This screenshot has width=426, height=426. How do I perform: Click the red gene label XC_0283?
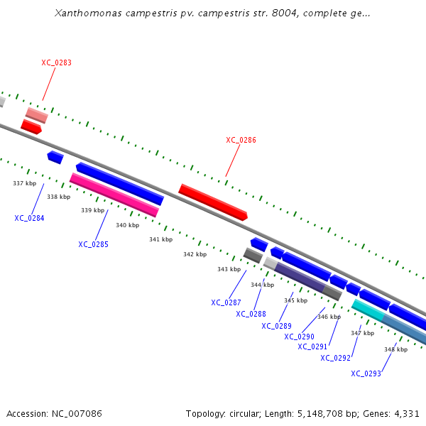[x=56, y=62]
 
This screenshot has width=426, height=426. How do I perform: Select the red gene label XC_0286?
[x=241, y=140]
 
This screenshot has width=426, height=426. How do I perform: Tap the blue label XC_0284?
[x=29, y=218]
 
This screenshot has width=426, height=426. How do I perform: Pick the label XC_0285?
[x=93, y=244]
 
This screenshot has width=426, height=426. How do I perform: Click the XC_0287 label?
[x=226, y=302]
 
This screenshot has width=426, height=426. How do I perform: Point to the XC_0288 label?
[x=251, y=314]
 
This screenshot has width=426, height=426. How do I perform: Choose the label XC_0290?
[x=299, y=337]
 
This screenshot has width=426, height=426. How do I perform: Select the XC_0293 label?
[x=366, y=373]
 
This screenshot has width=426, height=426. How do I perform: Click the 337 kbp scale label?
[x=24, y=183]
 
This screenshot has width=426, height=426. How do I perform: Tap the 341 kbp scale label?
[x=160, y=239]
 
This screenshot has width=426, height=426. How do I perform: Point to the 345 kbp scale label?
[x=295, y=300]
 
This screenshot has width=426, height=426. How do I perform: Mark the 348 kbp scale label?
[x=395, y=349]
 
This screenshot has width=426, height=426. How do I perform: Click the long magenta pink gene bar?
[x=114, y=195]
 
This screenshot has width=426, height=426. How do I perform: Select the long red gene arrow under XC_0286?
[x=212, y=202]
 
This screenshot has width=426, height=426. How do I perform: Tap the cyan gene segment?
[x=368, y=309]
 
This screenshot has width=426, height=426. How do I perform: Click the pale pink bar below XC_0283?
[x=36, y=115]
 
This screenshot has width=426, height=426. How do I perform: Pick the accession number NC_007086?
[x=75, y=413]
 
